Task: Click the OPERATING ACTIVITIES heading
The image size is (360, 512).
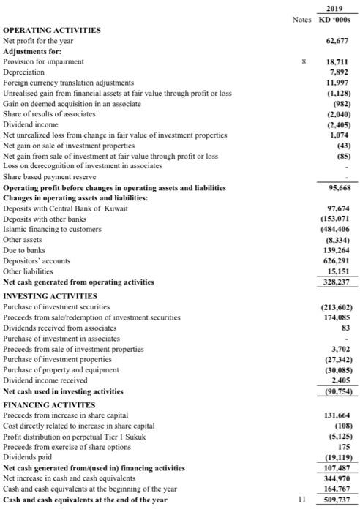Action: pos(52,30)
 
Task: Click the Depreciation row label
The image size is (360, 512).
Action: pos(24,72)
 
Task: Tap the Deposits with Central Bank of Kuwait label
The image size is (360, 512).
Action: pos(66,208)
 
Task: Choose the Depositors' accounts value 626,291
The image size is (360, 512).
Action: pos(336,260)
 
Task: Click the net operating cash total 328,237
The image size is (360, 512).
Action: pos(336,281)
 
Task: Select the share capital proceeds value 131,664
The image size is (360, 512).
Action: pos(336,415)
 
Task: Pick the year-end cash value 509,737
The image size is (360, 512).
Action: pos(336,500)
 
